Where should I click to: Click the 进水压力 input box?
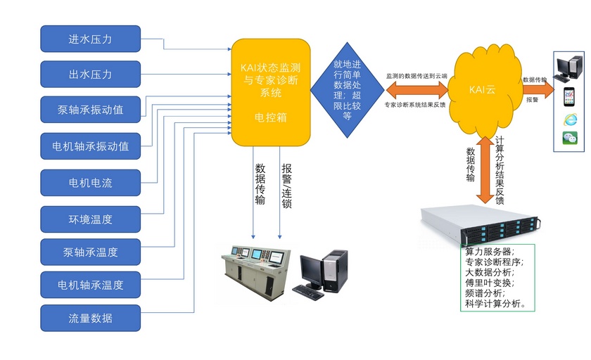pyautogui.click(x=90, y=39)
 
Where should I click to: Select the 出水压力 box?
pyautogui.click(x=90, y=75)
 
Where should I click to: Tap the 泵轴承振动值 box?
pyautogui.click(x=90, y=110)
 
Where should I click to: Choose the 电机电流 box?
pyautogui.click(x=90, y=183)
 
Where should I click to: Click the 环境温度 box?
pyautogui.click(x=90, y=219)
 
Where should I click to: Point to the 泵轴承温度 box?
pyautogui.click(x=90, y=251)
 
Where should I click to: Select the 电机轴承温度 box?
pyautogui.click(x=90, y=285)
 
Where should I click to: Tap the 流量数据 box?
pyautogui.click(x=90, y=318)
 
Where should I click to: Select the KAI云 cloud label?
pyautogui.click(x=482, y=89)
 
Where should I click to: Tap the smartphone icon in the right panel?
pyautogui.click(x=570, y=96)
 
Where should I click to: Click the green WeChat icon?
pyautogui.click(x=570, y=139)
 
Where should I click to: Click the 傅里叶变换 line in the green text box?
pyautogui.click(x=490, y=282)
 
